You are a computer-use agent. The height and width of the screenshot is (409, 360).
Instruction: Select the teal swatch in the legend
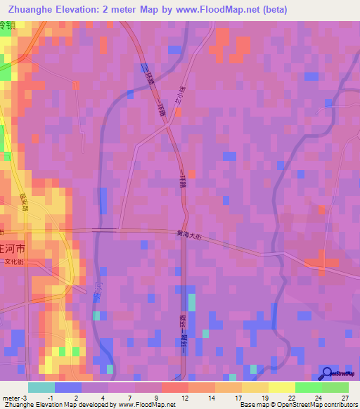[41, 387]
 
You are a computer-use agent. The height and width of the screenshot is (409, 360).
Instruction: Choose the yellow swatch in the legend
[281, 387]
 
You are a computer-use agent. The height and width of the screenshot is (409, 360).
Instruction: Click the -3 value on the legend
[24, 397]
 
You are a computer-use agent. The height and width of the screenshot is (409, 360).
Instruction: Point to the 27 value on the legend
[345, 397]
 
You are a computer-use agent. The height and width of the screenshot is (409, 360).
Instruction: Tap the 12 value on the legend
[184, 397]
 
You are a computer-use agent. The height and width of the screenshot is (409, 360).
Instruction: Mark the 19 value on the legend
[264, 397]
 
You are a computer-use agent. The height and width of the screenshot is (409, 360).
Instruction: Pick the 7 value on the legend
[131, 397]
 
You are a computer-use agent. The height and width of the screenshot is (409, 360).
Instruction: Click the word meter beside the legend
[11, 397]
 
